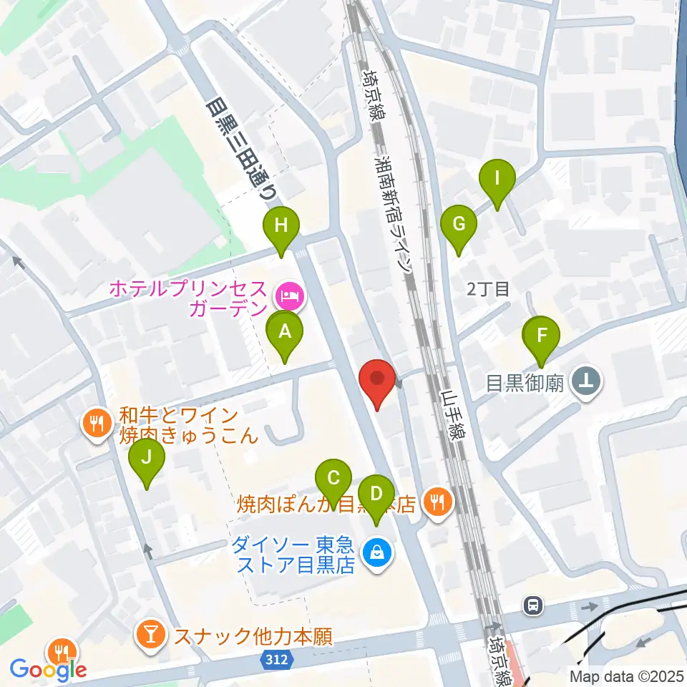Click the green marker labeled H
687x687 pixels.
pyautogui.click(x=281, y=228)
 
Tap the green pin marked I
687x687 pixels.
pyautogui.click(x=497, y=177)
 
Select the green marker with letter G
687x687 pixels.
pyautogui.click(x=459, y=225)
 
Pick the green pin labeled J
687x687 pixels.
pyautogui.click(x=147, y=458)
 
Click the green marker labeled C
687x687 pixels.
pyautogui.click(x=333, y=479)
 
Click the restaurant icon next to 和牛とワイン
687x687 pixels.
pyautogui.click(x=96, y=423)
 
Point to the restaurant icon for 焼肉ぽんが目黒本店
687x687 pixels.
pyautogui.click(x=437, y=502)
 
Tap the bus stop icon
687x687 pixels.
pyautogui.click(x=533, y=605)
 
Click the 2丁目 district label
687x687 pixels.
pyautogui.click(x=488, y=289)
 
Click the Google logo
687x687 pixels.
pyautogui.click(x=49, y=669)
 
